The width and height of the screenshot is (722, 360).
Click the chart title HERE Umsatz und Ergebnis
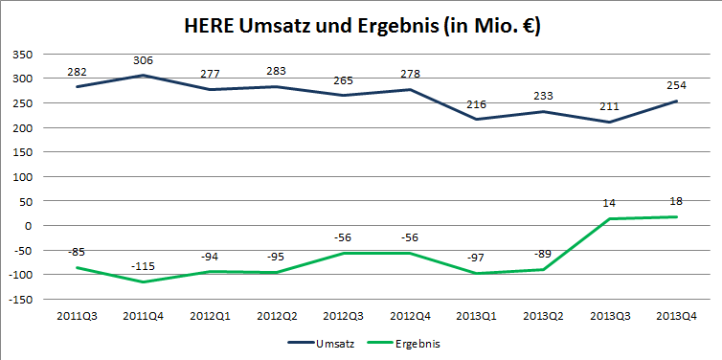pyautogui.click(x=361, y=27)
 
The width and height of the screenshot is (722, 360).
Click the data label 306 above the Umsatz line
pyautogui.click(x=144, y=60)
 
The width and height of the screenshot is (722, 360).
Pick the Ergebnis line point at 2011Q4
pyautogui.click(x=144, y=282)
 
